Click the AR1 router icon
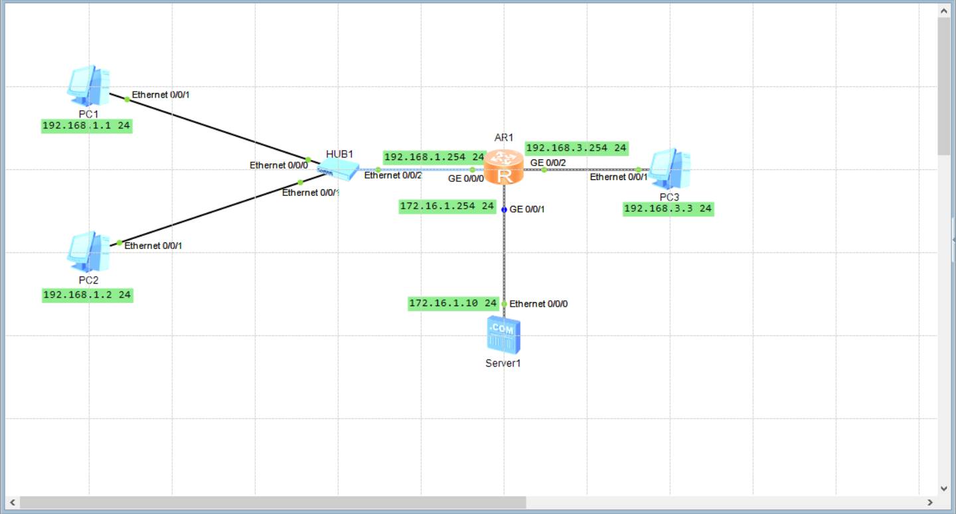tap(504, 167)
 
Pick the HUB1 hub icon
tap(339, 170)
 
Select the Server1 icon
tap(503, 335)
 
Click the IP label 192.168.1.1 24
tap(86, 126)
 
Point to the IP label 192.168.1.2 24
tap(87, 295)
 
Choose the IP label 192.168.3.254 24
tap(576, 148)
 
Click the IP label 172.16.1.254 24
tap(447, 207)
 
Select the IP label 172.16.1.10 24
tap(453, 303)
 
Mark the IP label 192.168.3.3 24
tap(668, 209)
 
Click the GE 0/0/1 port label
tap(527, 209)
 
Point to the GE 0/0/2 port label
tap(548, 162)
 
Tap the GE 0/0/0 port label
tap(465, 179)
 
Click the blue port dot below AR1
tap(504, 209)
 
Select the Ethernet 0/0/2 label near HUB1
tap(393, 175)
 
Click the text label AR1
tap(504, 137)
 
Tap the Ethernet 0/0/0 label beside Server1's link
tap(538, 304)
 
